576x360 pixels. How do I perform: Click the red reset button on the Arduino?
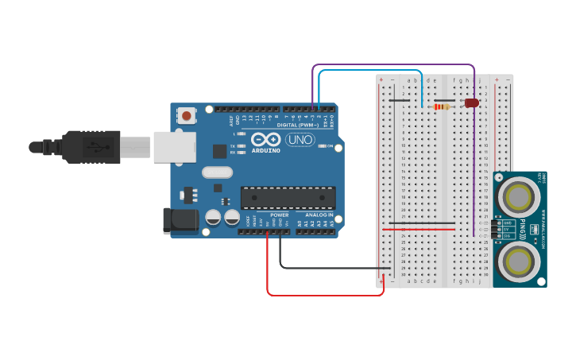187,115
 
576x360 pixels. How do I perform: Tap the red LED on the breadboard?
472,103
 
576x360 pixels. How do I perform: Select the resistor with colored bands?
440,106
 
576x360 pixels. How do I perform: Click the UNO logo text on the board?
300,140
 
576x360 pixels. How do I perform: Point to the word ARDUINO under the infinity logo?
265,150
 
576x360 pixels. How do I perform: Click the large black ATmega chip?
288,198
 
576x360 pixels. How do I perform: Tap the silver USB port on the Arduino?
174,148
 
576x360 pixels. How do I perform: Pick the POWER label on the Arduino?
279,215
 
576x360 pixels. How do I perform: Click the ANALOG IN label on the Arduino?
318,215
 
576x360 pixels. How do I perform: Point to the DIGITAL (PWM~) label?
297,125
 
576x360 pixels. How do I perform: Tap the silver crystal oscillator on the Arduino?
217,172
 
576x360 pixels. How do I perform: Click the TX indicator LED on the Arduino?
241,146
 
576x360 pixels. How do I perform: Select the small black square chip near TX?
219,151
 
